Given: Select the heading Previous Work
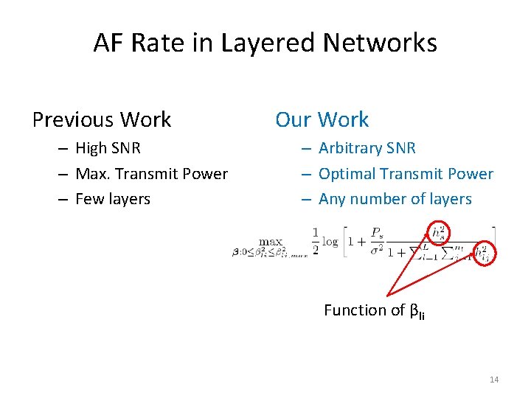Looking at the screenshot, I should (102, 119).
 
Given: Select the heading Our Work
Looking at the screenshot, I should (322, 119).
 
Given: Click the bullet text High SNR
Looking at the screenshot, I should (108, 148).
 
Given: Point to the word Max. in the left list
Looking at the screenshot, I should (92, 174).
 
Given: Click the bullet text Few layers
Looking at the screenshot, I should (113, 199).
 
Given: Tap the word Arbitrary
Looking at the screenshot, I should (351, 148).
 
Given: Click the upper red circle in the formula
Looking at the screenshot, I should (439, 232).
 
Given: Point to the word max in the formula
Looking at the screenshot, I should (271, 241).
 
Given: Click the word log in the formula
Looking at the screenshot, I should (330, 242).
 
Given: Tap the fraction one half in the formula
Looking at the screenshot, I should (315, 242).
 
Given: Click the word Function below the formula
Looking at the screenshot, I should (354, 310).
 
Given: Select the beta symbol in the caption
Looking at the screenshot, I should (413, 311).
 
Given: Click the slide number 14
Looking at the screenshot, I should (494, 380).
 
